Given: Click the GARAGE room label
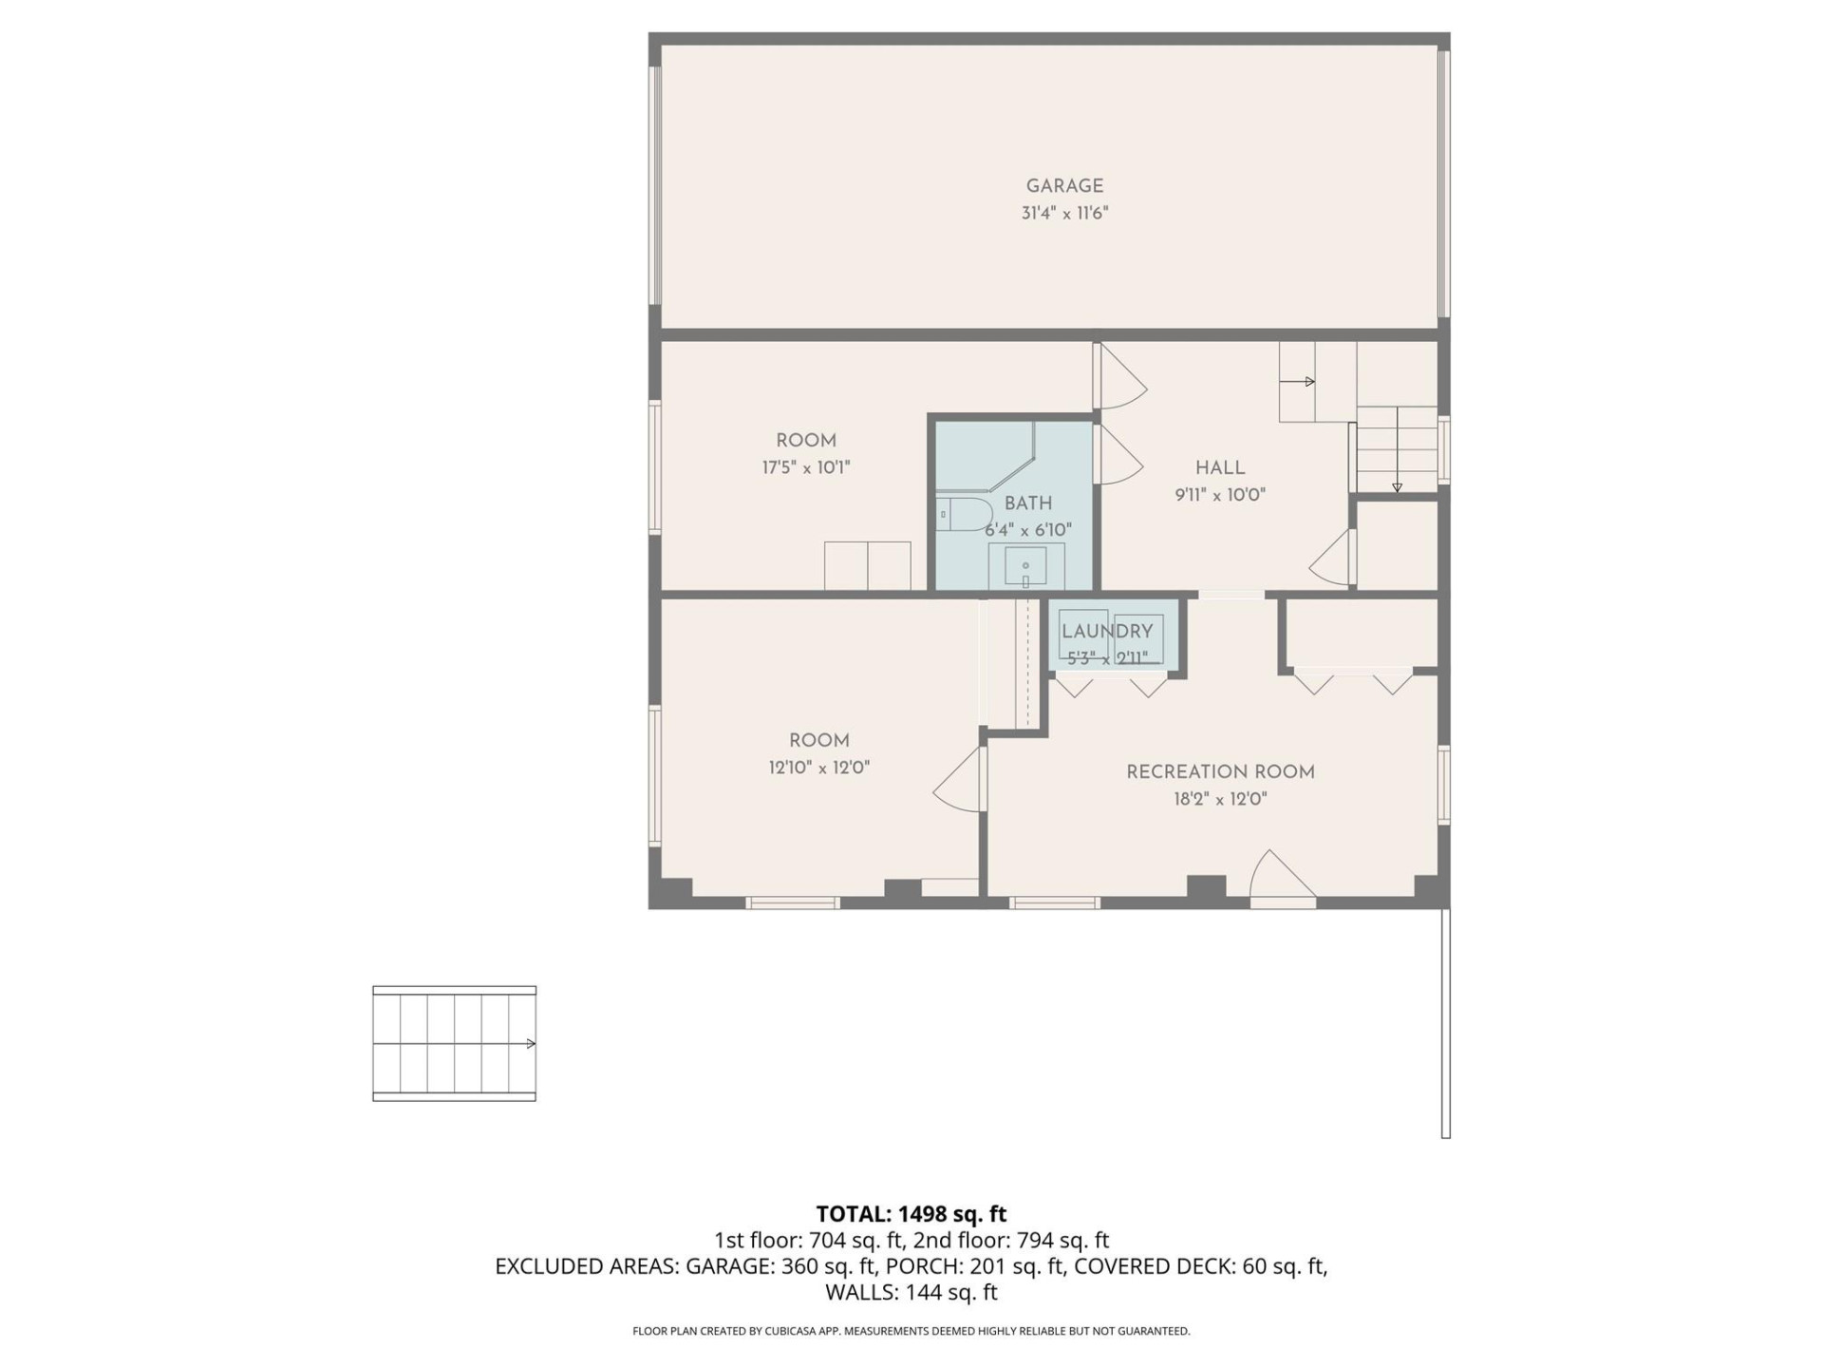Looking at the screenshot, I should pyautogui.click(x=1064, y=186).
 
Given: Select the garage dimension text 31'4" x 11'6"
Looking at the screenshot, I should pyautogui.click(x=1064, y=214).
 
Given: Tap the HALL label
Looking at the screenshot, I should pyautogui.click(x=1220, y=467).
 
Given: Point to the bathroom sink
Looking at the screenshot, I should pyautogui.click(x=1025, y=566).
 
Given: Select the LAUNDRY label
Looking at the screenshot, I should pyautogui.click(x=1107, y=631).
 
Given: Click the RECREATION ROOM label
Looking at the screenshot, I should pyautogui.click(x=1220, y=772).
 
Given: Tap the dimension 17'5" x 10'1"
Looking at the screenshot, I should pyautogui.click(x=805, y=467).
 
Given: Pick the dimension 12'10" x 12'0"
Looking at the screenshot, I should pyautogui.click(x=818, y=768).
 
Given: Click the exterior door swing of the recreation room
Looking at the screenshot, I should pyautogui.click(x=1281, y=876).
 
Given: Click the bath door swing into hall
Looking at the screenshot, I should pyautogui.click(x=1120, y=454).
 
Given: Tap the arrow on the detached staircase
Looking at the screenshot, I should pyautogui.click(x=530, y=1044).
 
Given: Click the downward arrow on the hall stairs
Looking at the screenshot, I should pyautogui.click(x=1397, y=486).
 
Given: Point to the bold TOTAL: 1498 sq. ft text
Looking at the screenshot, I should pyautogui.click(x=911, y=1214).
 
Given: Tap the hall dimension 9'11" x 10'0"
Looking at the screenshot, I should pyautogui.click(x=1220, y=495).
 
